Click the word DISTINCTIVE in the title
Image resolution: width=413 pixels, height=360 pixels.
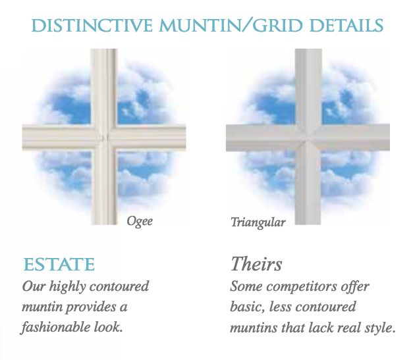(92, 26)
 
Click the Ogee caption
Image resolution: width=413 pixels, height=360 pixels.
(140, 221)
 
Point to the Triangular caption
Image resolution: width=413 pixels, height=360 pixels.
(258, 222)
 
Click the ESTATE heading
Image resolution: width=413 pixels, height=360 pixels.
(59, 265)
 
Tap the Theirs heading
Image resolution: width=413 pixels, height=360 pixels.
(256, 264)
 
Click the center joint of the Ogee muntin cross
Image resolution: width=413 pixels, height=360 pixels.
(105, 138)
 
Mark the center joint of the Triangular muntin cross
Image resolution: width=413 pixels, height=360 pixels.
(308, 138)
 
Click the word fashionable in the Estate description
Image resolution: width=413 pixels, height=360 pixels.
(56, 328)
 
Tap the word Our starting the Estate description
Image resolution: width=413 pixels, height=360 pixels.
(34, 286)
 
